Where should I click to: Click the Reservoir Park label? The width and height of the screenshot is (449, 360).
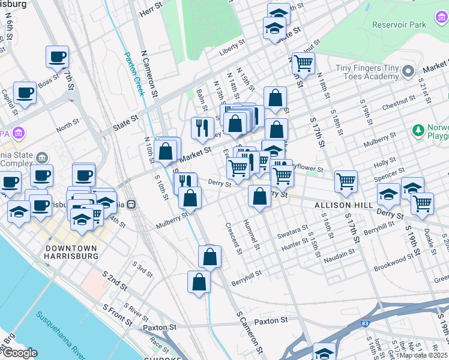(x=399, y=25)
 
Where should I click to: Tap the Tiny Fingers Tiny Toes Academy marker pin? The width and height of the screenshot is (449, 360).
(x=409, y=71)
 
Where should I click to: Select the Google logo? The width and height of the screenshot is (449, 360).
(x=19, y=353)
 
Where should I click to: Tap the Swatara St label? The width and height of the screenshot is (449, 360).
(x=292, y=232)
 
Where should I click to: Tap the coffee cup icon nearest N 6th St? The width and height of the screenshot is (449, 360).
(x=58, y=57)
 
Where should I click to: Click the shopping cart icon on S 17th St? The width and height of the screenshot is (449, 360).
(x=346, y=181)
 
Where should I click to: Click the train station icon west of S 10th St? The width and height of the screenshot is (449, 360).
(x=130, y=203)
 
